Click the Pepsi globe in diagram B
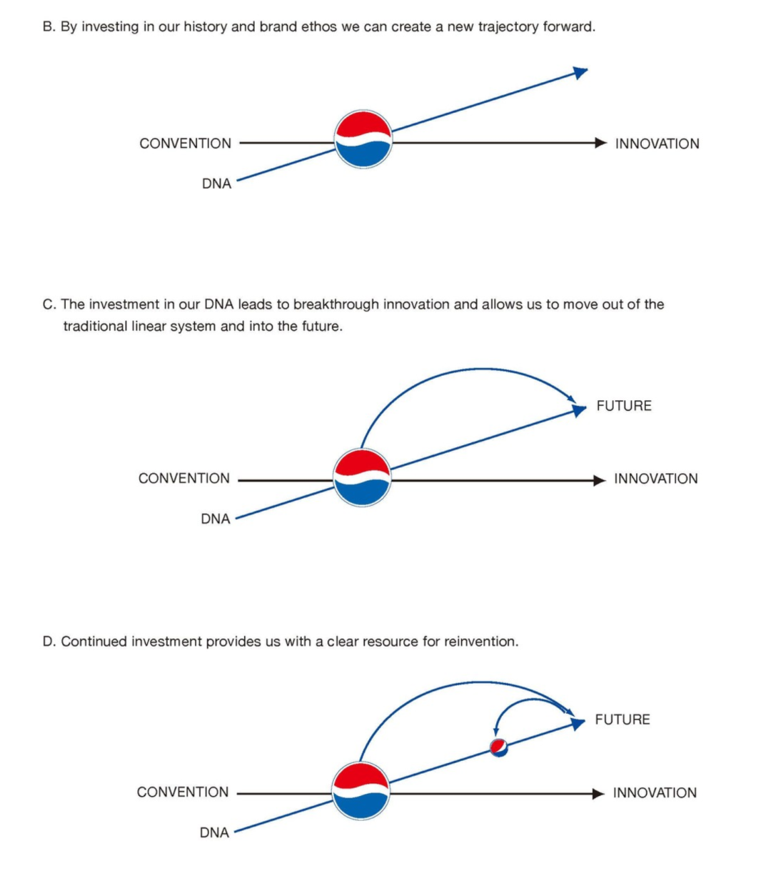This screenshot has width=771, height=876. (363, 139)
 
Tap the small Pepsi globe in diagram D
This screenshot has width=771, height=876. (498, 747)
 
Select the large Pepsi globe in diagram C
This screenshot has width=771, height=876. (362, 477)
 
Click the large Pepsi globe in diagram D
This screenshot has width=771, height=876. (361, 791)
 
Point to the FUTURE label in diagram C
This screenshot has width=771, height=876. (624, 406)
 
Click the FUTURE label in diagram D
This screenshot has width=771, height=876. (623, 720)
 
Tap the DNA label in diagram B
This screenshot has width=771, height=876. (217, 184)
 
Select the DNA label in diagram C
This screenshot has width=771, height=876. (216, 519)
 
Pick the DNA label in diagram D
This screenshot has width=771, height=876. (214, 832)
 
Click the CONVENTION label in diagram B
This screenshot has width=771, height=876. (186, 143)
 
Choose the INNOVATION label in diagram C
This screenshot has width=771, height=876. (656, 479)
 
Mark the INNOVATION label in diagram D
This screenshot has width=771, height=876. (655, 792)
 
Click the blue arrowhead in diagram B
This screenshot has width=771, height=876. (580, 73)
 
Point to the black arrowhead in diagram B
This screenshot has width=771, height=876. (601, 143)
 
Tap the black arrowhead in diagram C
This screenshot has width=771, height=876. (600, 480)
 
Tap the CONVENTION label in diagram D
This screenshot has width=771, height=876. (183, 792)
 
